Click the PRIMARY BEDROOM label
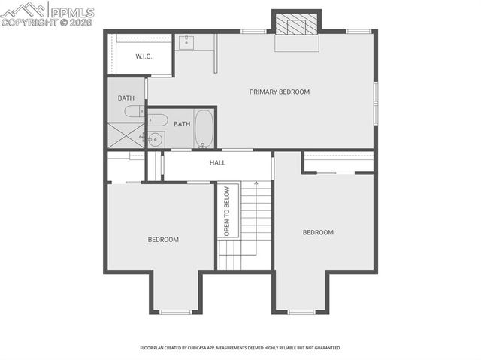[x=280, y=92]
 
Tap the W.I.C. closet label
[x=144, y=57]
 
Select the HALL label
[x=217, y=162]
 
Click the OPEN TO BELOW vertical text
[x=226, y=211]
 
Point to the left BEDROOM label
[x=163, y=240]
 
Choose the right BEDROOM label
[x=318, y=232]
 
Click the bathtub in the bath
[x=204, y=129]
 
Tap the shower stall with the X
[x=126, y=137]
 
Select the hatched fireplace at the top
[x=296, y=26]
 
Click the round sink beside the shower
[x=155, y=138]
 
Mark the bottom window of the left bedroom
[x=175, y=311]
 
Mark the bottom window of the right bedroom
[x=301, y=311]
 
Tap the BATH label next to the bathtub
[x=182, y=124]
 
